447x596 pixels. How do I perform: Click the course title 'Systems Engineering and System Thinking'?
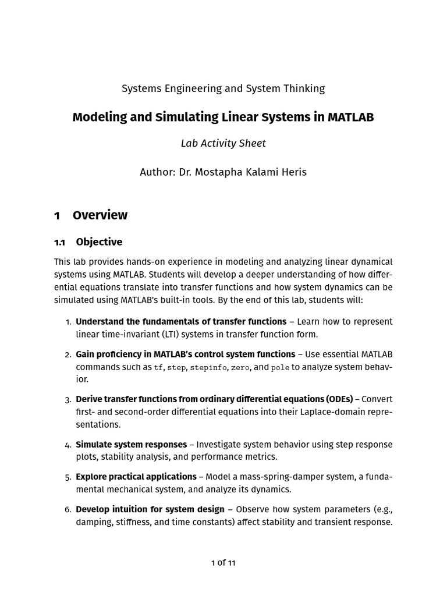[x=223, y=88]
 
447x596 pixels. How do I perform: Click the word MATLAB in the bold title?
[x=350, y=117]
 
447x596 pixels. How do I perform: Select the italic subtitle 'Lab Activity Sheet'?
[x=223, y=143]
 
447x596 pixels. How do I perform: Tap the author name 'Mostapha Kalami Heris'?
[x=240, y=172]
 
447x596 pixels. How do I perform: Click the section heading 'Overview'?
[x=100, y=215]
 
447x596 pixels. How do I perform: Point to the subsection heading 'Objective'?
[x=99, y=242]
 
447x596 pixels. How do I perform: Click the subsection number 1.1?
[x=60, y=242]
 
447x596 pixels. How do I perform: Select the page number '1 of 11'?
[x=223, y=562]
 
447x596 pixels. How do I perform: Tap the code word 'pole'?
[x=280, y=367]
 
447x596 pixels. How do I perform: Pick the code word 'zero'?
[x=240, y=367]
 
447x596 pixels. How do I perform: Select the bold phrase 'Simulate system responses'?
[x=131, y=444]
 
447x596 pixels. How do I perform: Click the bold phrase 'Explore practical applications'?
[x=136, y=477]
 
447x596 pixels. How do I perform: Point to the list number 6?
[x=68, y=509]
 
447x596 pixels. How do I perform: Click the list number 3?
[x=68, y=399]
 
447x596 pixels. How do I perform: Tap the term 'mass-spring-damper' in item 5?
[x=265, y=477]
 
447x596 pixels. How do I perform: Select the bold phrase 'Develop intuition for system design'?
[x=150, y=509]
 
